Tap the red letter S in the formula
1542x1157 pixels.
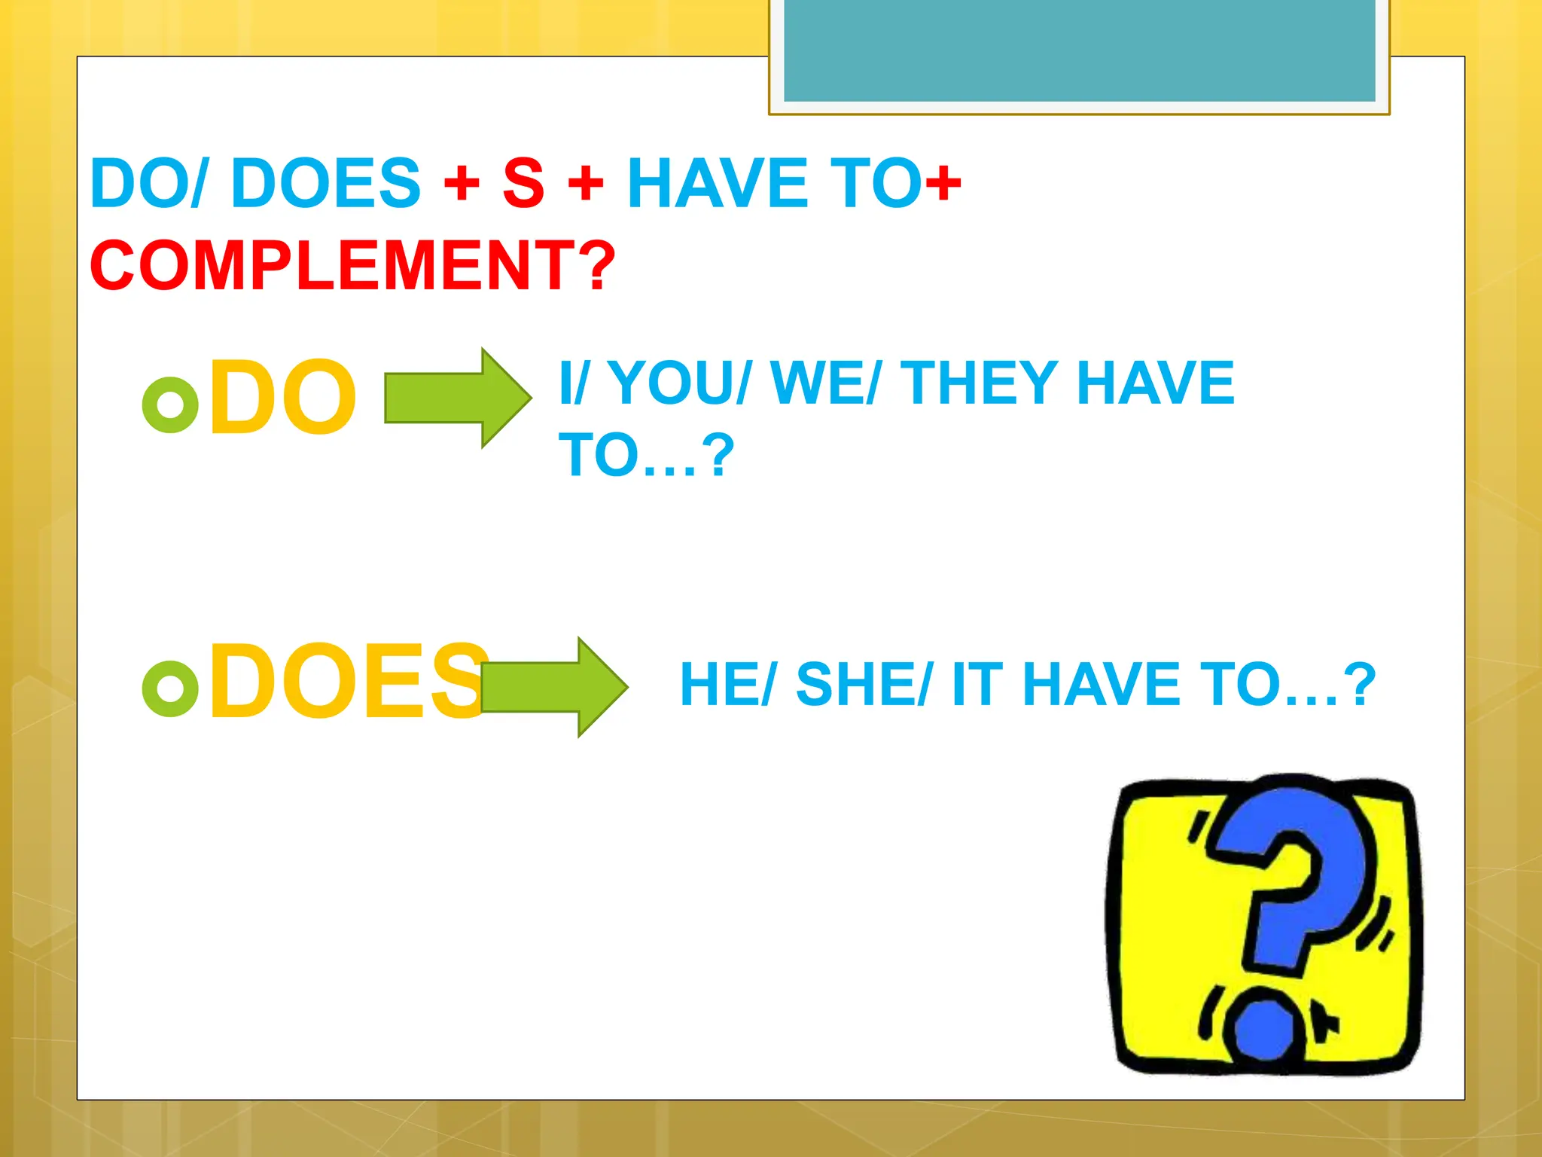coord(523,183)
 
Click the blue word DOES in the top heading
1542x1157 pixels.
coord(325,183)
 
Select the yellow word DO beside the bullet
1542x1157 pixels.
coord(282,397)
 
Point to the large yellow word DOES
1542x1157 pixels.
coord(346,682)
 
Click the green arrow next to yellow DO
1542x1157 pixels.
coord(456,398)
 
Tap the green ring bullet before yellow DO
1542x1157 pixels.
coord(170,404)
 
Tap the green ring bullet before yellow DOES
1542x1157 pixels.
coord(170,688)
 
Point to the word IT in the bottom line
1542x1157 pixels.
coord(977,684)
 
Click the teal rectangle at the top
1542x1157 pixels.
coord(1079,50)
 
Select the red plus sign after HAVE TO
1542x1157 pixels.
coord(943,183)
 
